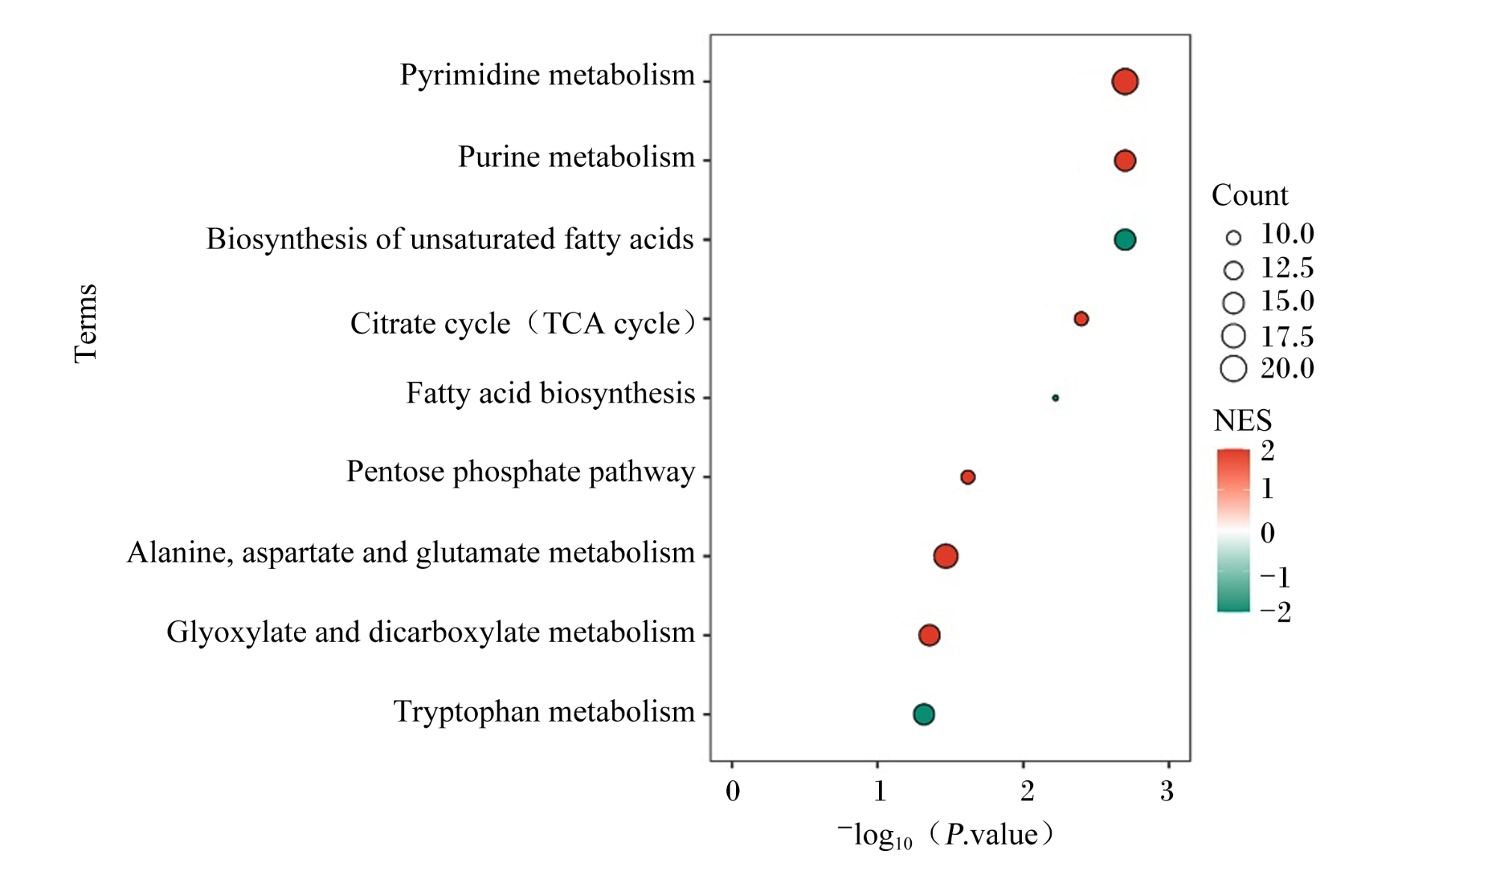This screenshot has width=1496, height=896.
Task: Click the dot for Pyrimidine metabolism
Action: (x=1125, y=81)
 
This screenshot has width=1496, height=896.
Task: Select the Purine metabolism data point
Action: (x=1125, y=160)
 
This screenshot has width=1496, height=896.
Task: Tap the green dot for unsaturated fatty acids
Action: (x=1125, y=239)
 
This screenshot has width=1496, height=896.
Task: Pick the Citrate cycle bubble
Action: (x=1081, y=319)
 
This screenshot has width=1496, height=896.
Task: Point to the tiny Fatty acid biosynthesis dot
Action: (x=1055, y=398)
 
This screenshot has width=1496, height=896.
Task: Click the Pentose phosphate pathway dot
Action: (x=968, y=477)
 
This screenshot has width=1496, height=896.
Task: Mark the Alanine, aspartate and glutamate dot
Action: (x=945, y=556)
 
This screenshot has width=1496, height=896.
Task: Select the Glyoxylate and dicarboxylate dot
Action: (x=929, y=635)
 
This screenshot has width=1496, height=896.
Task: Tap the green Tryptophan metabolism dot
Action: (x=924, y=714)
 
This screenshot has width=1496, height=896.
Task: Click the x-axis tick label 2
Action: (x=1026, y=791)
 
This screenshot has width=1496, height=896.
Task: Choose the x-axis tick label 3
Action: (x=1167, y=791)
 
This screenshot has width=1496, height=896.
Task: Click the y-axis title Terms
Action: (x=86, y=323)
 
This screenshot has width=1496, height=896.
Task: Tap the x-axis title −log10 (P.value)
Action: (x=945, y=835)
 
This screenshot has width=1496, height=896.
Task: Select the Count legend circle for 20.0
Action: (x=1233, y=369)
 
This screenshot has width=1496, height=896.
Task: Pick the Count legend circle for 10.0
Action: (x=1233, y=238)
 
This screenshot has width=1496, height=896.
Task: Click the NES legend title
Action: (x=1242, y=421)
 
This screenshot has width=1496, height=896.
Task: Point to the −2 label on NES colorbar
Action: (x=1276, y=613)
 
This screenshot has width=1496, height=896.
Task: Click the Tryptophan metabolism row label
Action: (x=545, y=712)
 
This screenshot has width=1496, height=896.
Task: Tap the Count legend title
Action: (x=1250, y=195)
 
